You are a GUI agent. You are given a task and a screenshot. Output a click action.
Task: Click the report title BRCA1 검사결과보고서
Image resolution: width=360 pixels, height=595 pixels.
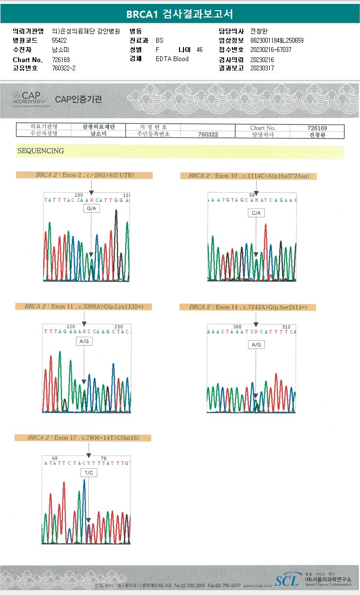[x=180, y=14]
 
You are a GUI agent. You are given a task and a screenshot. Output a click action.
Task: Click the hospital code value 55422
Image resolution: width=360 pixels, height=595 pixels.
[x=60, y=41]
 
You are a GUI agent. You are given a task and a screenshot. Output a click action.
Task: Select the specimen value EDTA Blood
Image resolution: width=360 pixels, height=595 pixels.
[x=172, y=59]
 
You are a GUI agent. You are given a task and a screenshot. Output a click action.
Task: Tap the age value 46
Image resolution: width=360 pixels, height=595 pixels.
[x=199, y=50]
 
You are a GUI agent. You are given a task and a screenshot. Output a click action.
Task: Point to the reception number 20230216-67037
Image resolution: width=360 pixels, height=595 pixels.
[x=271, y=50]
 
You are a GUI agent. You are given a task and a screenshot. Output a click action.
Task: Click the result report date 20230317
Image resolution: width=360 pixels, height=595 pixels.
[x=262, y=68]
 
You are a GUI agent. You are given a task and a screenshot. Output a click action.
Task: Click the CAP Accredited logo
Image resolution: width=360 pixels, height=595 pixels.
[x=31, y=99]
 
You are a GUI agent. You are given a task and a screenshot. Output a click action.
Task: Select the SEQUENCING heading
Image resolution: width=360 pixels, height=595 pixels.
[x=40, y=151]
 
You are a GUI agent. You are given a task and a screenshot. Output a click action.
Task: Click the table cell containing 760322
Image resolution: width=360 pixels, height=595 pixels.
[x=208, y=134]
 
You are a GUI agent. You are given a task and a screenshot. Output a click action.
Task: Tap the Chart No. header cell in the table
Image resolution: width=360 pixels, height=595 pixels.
[x=262, y=128]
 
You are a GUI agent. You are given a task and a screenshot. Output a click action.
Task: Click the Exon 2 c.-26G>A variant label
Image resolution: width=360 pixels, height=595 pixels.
[x=84, y=175]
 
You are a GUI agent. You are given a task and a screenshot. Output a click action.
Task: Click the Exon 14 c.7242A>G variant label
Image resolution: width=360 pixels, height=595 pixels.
[x=247, y=307]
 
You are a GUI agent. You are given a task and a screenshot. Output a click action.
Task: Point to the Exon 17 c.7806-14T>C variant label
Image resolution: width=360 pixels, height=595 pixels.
[x=83, y=438]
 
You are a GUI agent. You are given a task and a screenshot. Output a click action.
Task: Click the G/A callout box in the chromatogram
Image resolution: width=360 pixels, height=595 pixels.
[x=91, y=208]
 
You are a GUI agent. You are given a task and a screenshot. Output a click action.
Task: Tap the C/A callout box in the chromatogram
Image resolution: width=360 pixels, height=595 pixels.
[x=256, y=213]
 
